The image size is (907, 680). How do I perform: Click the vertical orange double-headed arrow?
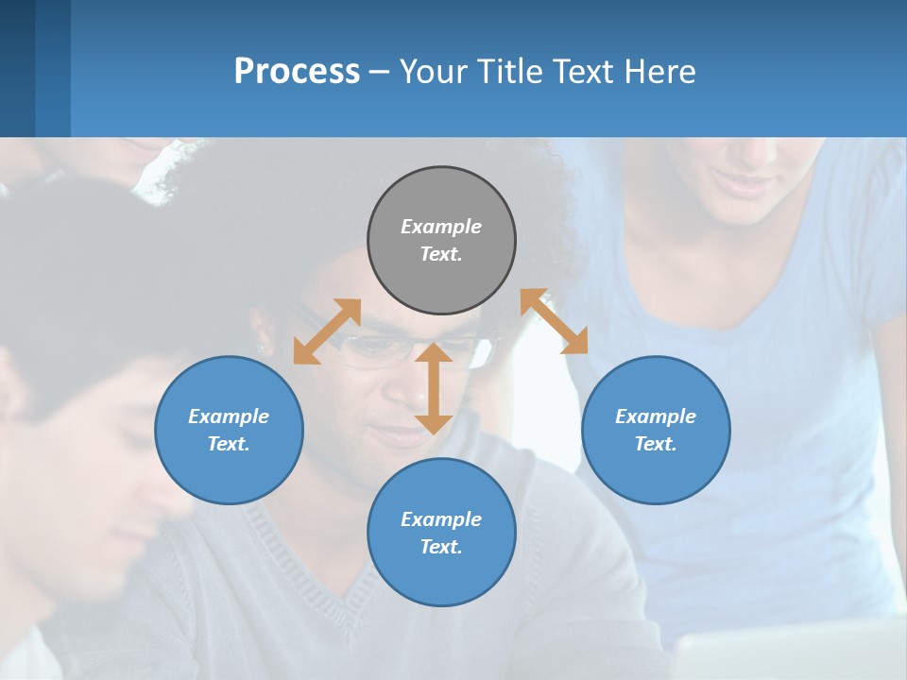click(x=434, y=388)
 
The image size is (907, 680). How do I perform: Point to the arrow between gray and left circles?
click(x=327, y=331)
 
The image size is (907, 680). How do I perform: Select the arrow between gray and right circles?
click(x=555, y=321)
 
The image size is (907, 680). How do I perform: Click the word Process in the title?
click(x=297, y=71)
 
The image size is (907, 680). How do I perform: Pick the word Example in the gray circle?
click(x=441, y=227)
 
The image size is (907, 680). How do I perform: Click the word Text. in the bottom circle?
click(x=441, y=547)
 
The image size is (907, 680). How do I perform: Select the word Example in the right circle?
click(x=656, y=416)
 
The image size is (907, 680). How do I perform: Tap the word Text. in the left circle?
click(x=229, y=444)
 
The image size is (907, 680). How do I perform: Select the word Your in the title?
click(x=430, y=71)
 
